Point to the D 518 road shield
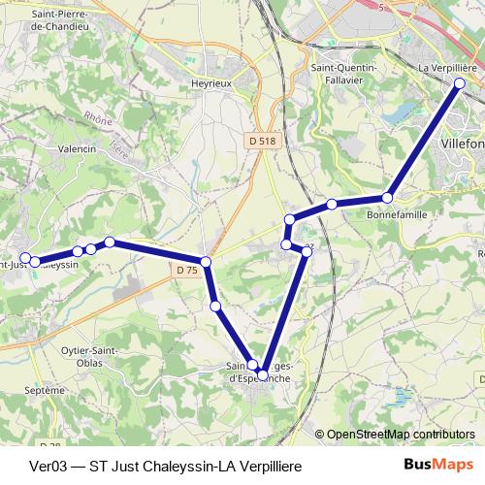coord(262,141)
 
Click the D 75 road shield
coord(188,271)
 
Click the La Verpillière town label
coord(447,69)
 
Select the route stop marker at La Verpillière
coord(460,83)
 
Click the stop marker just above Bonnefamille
coord(387,198)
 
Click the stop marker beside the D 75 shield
coord(207,262)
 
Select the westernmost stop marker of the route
coord(25,258)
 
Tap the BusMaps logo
coord(438,465)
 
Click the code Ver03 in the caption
coord(49,466)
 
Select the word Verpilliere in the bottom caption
coord(267,466)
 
